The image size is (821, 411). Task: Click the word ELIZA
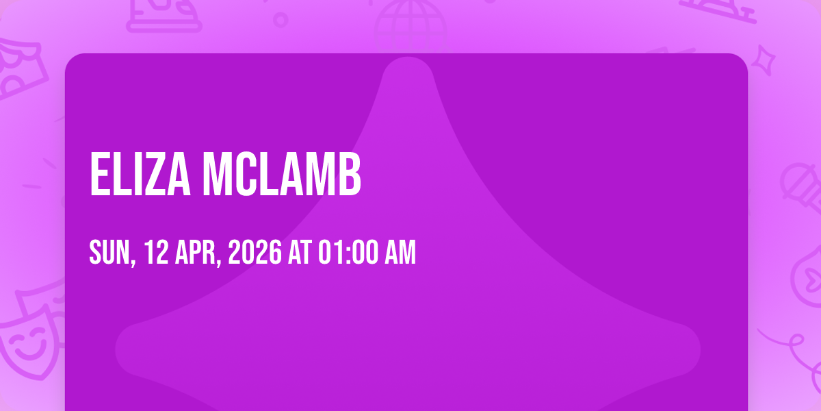pos(140,174)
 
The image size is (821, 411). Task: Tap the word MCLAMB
pos(282,174)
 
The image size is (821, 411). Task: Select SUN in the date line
pos(109,252)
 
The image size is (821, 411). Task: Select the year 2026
pos(255,252)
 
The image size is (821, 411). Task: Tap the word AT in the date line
pos(300,252)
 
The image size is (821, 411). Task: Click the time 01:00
pos(348,252)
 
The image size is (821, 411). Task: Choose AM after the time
pos(400,252)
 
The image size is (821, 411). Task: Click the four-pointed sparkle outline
pos(764,60)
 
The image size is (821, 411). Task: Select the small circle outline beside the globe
pos(281,20)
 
